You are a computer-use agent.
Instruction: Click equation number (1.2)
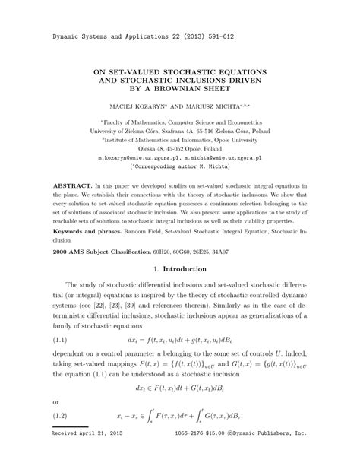[x=63, y=417]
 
